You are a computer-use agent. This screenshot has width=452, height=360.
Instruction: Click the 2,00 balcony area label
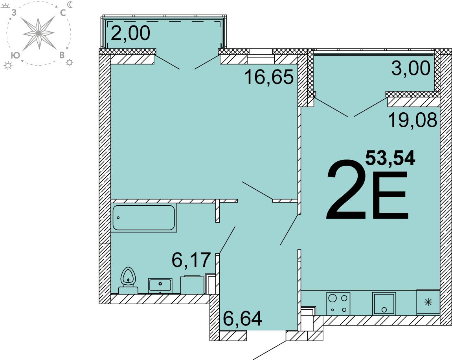(130, 33)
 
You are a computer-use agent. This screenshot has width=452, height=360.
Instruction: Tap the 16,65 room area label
(269, 77)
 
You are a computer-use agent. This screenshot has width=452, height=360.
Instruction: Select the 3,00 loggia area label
(411, 69)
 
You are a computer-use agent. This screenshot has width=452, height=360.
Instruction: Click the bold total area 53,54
(390, 158)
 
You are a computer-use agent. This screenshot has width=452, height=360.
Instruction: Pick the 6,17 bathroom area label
(191, 260)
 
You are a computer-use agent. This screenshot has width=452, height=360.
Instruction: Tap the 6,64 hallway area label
(243, 318)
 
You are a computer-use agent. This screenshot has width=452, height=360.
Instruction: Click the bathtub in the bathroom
(144, 218)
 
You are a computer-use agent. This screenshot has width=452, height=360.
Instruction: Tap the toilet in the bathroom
(128, 280)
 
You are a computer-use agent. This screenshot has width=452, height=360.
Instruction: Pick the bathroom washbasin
(160, 286)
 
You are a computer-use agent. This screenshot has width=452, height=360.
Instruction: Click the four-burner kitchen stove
(338, 303)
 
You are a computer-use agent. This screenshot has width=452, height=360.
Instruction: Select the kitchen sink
(384, 304)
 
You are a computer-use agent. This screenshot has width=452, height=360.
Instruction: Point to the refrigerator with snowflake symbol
(428, 302)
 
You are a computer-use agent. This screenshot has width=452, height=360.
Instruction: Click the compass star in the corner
(39, 33)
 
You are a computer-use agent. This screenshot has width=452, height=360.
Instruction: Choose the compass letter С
(63, 13)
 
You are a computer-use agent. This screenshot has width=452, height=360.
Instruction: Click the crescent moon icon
(70, 5)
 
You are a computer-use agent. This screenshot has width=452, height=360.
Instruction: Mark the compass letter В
(62, 55)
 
